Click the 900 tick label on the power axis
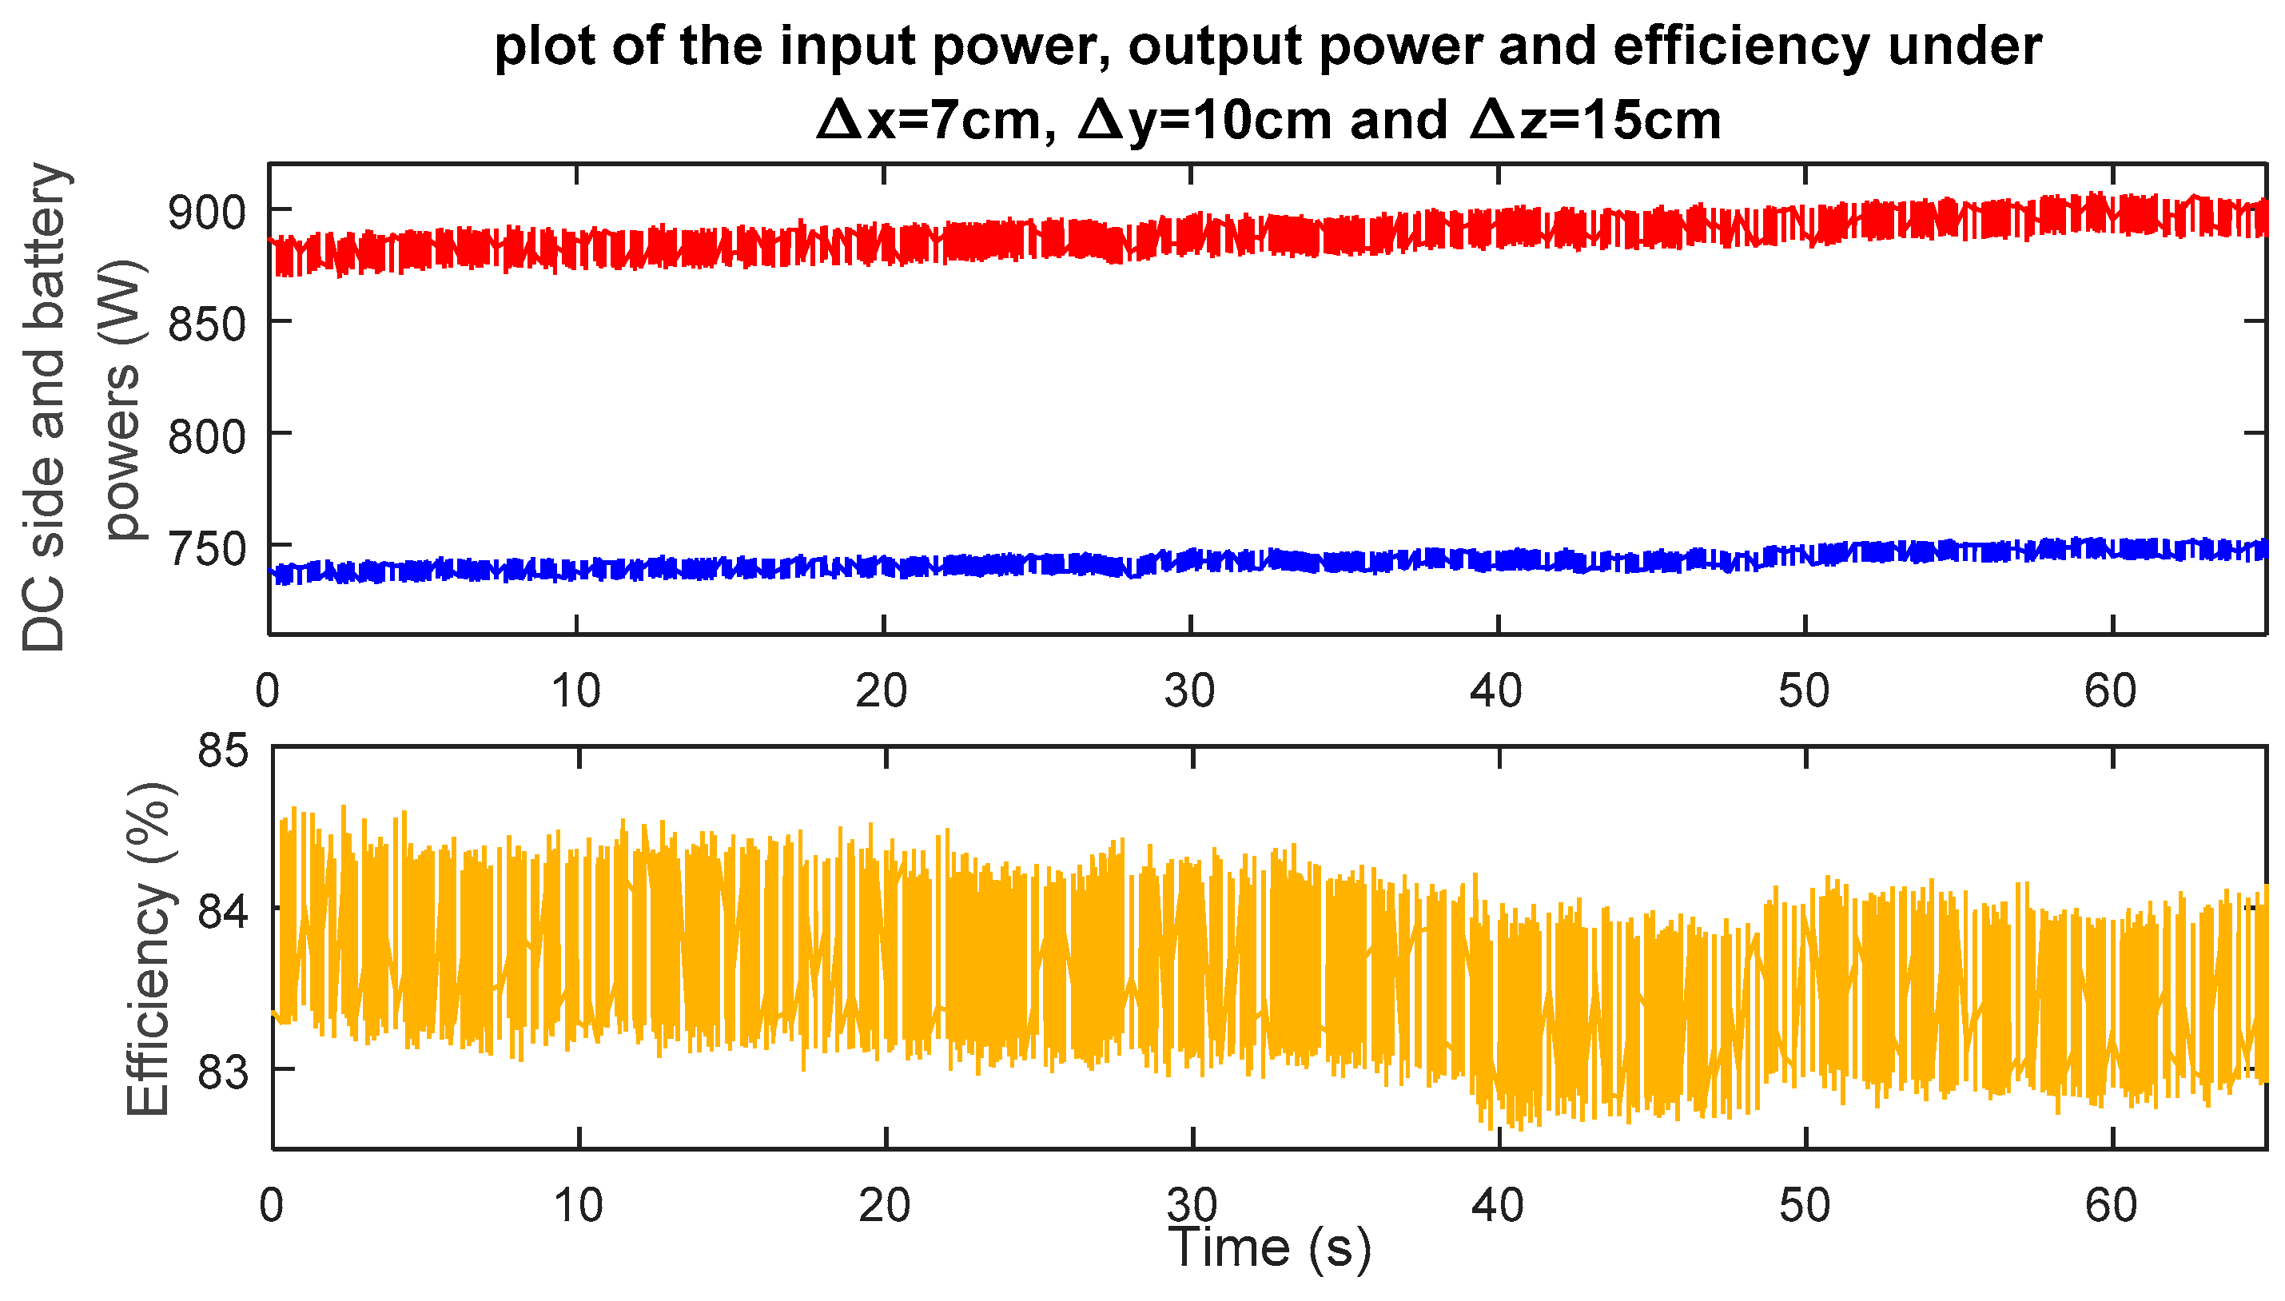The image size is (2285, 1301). click(x=206, y=213)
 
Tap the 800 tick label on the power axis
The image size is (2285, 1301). click(x=206, y=437)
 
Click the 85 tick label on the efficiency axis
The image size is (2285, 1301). click(x=222, y=750)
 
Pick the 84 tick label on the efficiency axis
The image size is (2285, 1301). click(x=222, y=913)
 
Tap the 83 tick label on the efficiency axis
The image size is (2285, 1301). click(x=222, y=1072)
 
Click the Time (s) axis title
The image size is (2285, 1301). click(x=1269, y=1247)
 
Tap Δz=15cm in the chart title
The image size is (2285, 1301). click(x=1595, y=121)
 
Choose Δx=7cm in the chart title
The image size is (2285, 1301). click(x=937, y=121)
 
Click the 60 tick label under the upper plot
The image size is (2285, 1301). click(x=2111, y=690)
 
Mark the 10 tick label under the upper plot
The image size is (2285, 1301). click(x=576, y=690)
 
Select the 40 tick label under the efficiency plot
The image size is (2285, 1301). click(x=1498, y=1206)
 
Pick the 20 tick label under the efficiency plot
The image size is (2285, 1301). click(x=885, y=1206)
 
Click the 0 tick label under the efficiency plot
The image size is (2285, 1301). click(x=272, y=1206)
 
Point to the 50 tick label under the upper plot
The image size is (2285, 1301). click(x=1804, y=690)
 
